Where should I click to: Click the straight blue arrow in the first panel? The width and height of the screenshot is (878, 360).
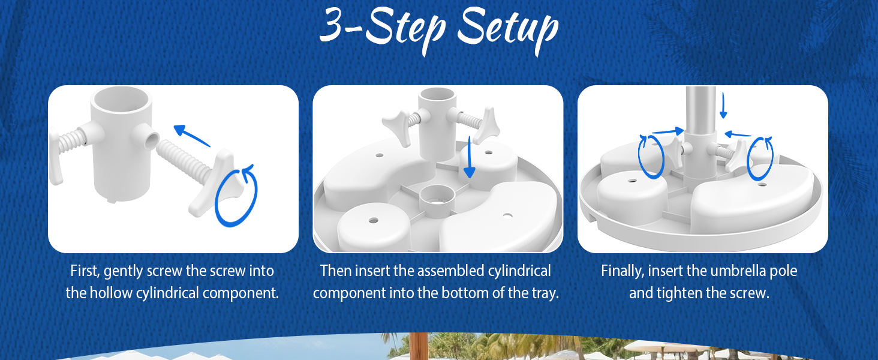pos(191,135)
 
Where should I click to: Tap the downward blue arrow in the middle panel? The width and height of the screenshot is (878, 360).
pos(470,158)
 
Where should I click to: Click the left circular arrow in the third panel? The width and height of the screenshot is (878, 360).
pos(651,156)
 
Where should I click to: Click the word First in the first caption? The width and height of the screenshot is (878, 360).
pos(84,271)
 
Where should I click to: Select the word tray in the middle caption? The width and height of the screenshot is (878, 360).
pos(543,293)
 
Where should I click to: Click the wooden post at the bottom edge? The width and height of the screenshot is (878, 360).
pos(418,347)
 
